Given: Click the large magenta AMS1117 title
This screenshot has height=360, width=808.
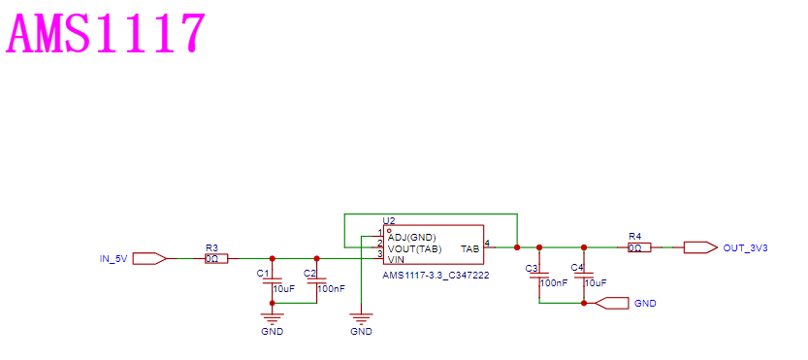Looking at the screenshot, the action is coord(105,33).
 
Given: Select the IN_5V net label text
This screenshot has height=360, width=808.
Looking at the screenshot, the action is coord(113,258).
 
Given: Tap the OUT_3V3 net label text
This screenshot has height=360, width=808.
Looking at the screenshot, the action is coord(746,248).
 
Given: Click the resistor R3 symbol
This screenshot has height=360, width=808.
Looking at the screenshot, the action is coord(215,258).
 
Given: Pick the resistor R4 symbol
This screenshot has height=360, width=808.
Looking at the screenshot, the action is coord(639,247).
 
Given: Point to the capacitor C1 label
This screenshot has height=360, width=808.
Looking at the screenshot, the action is coord(263,273).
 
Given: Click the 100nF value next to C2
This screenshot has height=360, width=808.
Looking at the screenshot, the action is coord(332,289).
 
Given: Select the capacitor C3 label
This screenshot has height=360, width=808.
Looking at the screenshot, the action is coord(532,268).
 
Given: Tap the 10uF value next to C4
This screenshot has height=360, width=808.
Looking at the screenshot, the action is coord(596,282).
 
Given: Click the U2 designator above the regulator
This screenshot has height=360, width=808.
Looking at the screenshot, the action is coord(389,220).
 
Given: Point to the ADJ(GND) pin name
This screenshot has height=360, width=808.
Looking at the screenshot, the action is coord(411,237).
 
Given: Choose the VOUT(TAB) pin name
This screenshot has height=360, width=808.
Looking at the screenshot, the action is coord(414,248).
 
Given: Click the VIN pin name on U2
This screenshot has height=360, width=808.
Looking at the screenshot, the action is coord(396,258).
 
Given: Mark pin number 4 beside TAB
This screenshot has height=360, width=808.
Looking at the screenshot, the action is coord(488,243).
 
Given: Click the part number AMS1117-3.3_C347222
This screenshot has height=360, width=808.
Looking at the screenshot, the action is coord(436,276).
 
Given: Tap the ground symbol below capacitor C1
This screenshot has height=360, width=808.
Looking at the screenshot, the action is coord(272,317).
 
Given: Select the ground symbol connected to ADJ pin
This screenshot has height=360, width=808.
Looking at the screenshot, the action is coord(361,317).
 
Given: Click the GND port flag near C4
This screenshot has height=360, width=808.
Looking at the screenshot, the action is coord(612,304).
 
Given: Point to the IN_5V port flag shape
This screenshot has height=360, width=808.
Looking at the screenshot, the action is coord(149,258).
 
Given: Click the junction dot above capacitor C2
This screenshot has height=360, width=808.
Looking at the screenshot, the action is coord(317,258).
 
